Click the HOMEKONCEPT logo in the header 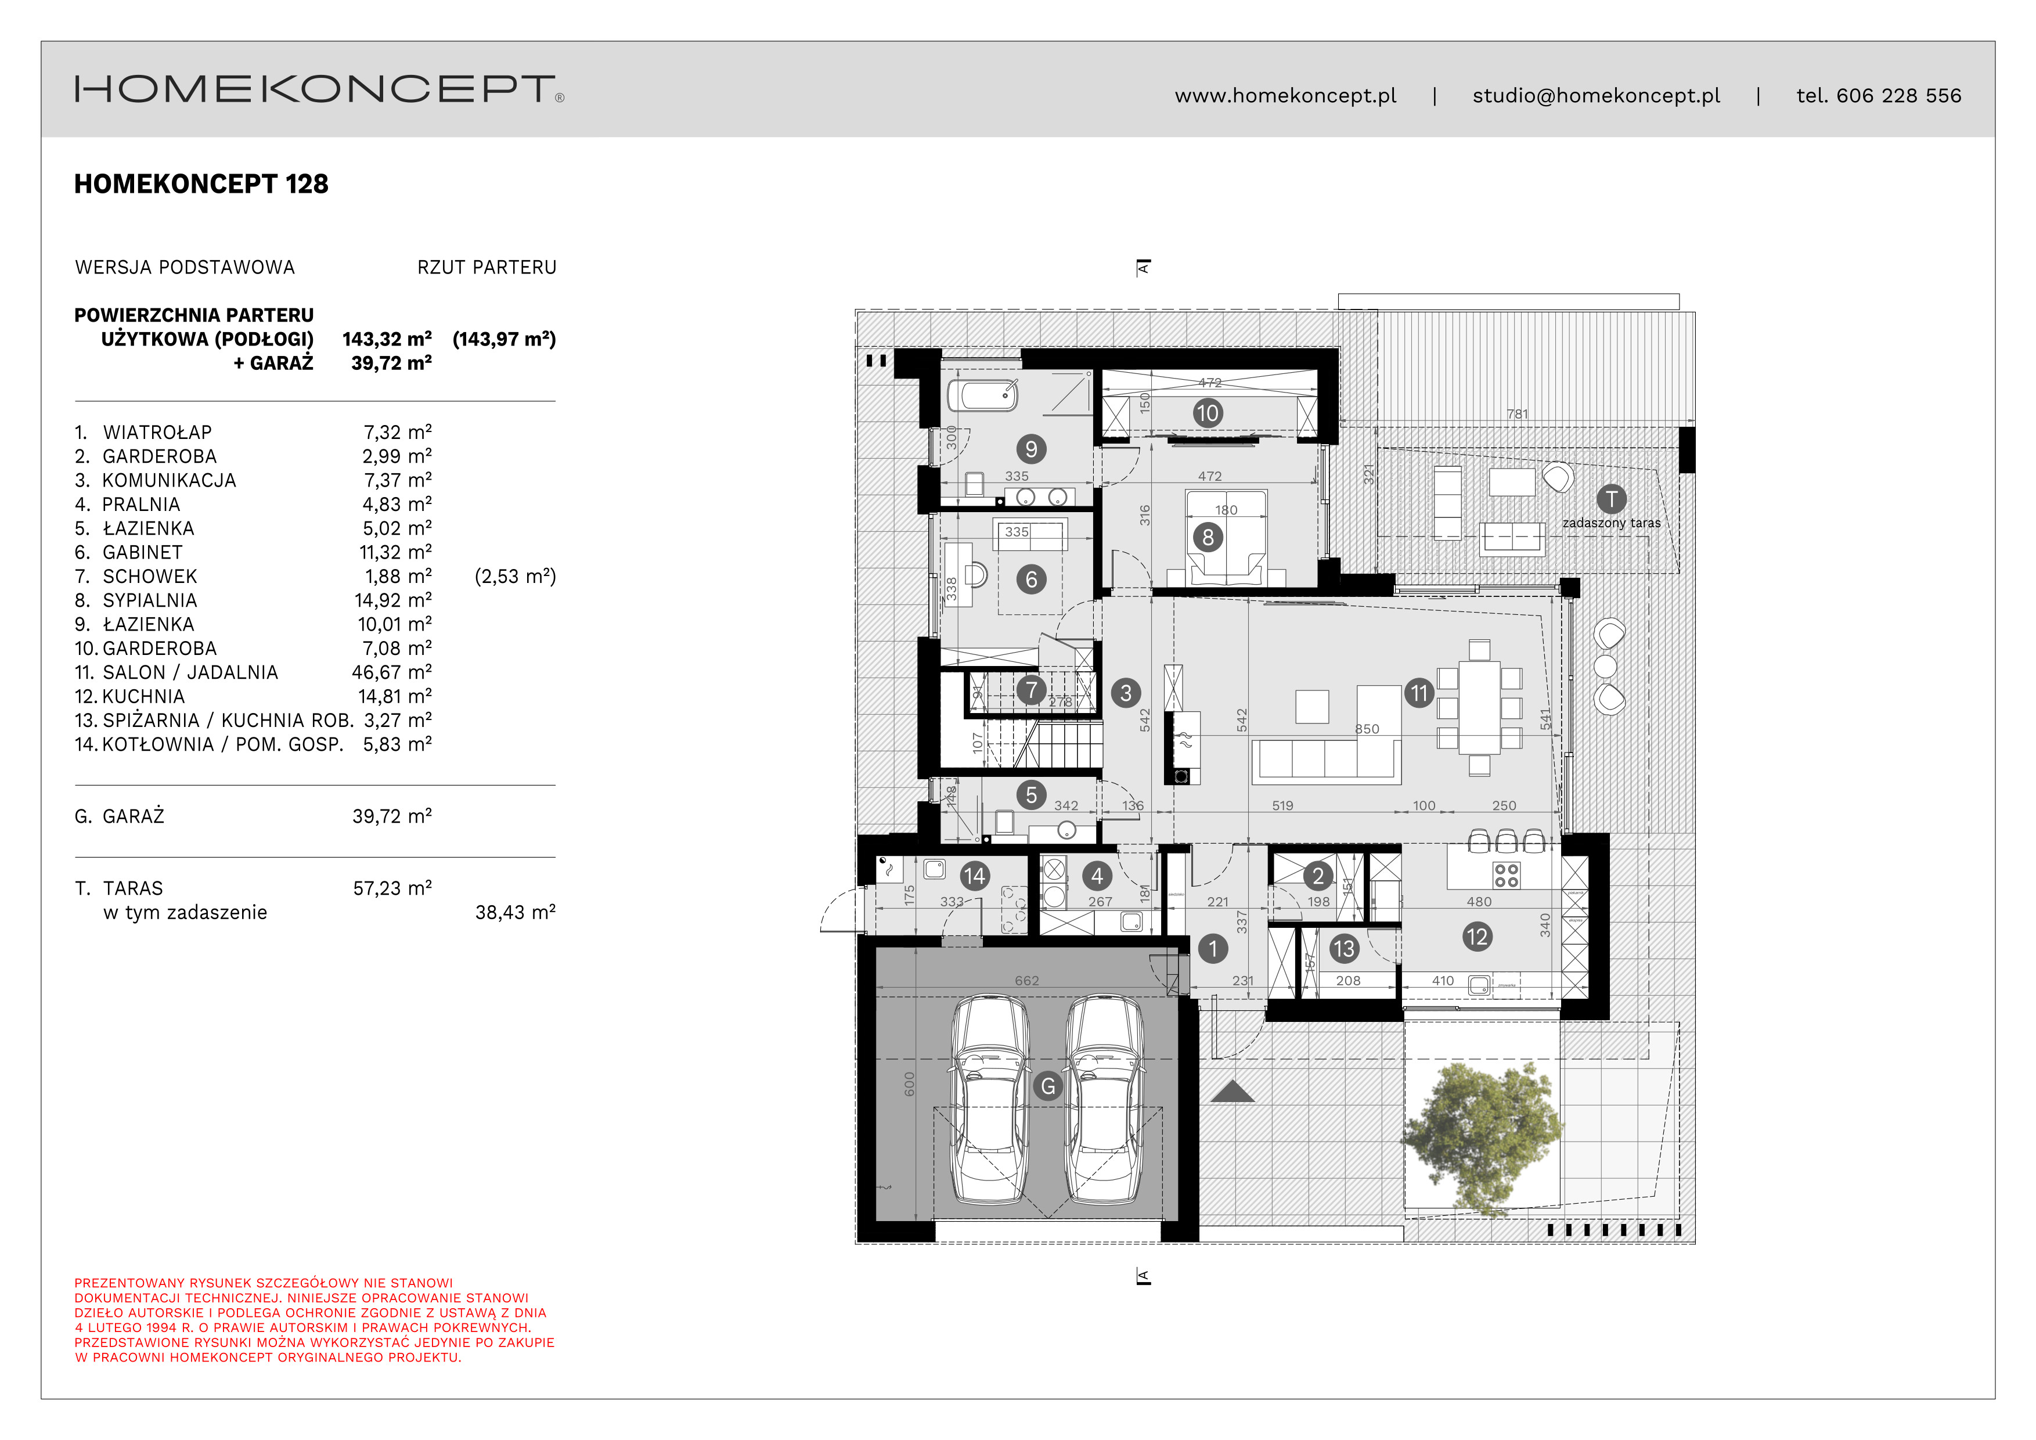pyautogui.click(x=318, y=89)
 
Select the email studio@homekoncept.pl pyautogui.click(x=1595, y=96)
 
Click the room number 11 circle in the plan pyautogui.click(x=1419, y=693)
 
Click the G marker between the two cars pyautogui.click(x=1047, y=1086)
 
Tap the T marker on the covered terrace pyautogui.click(x=1610, y=499)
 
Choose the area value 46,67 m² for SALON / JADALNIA pyautogui.click(x=391, y=673)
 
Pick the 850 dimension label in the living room pyautogui.click(x=1367, y=729)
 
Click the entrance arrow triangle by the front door pyautogui.click(x=1232, y=1092)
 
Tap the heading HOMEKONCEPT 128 pyautogui.click(x=201, y=185)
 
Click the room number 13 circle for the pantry pyautogui.click(x=1343, y=949)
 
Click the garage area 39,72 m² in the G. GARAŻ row pyautogui.click(x=391, y=816)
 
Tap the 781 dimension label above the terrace pyautogui.click(x=1516, y=414)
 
